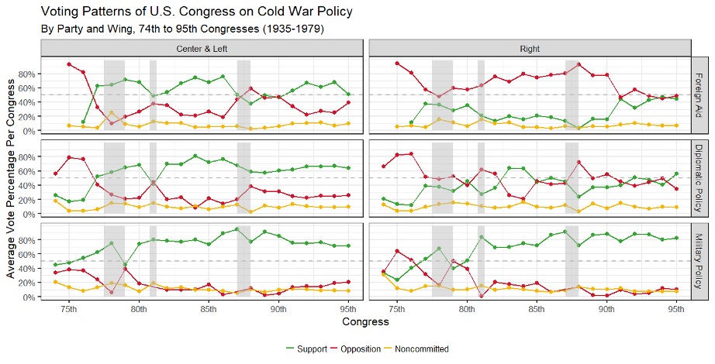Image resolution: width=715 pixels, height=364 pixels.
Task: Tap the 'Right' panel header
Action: coord(530,48)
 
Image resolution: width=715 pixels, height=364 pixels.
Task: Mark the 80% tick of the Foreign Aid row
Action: coord(28,74)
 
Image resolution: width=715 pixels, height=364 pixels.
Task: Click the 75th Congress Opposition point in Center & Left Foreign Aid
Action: coord(69,64)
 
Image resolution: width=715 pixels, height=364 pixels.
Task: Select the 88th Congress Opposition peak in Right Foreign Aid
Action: coord(579,64)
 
